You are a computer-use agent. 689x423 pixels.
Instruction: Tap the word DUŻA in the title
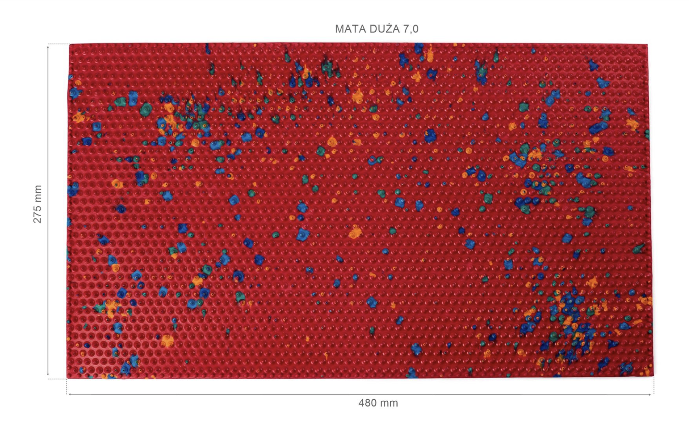[383, 29]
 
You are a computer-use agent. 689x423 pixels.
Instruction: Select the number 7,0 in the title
[410, 29]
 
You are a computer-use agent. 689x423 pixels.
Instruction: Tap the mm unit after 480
[389, 403]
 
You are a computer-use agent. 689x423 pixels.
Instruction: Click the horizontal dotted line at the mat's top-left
[59, 44]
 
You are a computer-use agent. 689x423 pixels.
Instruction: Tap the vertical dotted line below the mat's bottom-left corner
[67, 386]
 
